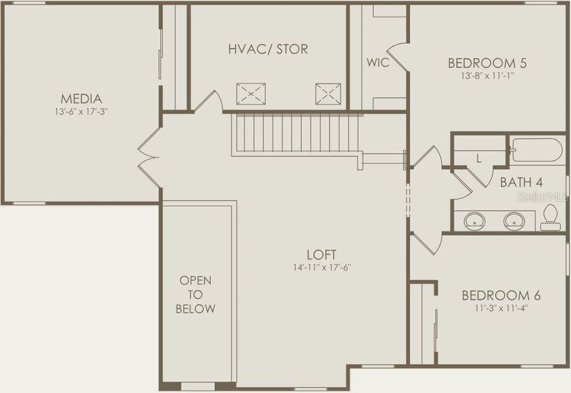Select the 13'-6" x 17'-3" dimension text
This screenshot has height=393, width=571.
pos(81,112)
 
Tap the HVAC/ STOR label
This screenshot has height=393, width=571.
pos(268,49)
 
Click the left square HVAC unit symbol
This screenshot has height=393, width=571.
pos(250,94)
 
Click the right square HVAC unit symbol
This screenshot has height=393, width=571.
pos(327,94)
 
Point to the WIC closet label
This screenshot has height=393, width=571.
pos(378,63)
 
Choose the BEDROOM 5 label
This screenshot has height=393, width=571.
pos(487,63)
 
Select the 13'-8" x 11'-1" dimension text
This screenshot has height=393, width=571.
pos(487,75)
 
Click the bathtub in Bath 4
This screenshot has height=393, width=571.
pos(537,150)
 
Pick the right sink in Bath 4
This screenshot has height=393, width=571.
pos(515,221)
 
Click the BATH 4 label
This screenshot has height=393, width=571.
pos(521,182)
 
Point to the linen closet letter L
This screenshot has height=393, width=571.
pos(479,159)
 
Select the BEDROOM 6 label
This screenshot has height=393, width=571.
pos(501,295)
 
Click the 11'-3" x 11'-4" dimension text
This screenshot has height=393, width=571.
pos(501,307)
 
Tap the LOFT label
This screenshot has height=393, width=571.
pos(321,254)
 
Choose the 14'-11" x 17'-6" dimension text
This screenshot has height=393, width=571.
pos(321,267)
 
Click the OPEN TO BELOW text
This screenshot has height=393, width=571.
pos(196,295)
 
